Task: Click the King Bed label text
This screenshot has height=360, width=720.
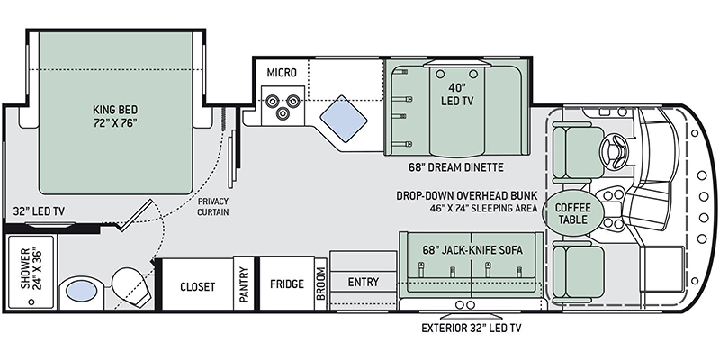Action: pyautogui.click(x=115, y=116)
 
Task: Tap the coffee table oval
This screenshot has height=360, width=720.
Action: pyautogui.click(x=572, y=213)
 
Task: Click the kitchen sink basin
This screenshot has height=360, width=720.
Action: pyautogui.click(x=343, y=119)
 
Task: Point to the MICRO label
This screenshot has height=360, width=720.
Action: pyautogui.click(x=282, y=72)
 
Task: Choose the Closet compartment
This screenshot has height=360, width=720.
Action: pyautogui.click(x=198, y=286)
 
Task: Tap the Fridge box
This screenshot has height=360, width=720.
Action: pyautogui.click(x=287, y=284)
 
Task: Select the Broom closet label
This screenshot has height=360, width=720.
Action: pyautogui.click(x=321, y=284)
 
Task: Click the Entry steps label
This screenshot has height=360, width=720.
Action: pyautogui.click(x=363, y=282)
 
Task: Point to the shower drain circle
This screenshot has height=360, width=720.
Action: pyautogui.click(x=31, y=302)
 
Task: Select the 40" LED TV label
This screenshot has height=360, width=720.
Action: pyautogui.click(x=457, y=94)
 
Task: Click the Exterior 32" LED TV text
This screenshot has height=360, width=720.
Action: pyautogui.click(x=471, y=328)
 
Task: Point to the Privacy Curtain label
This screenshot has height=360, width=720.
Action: pyautogui.click(x=213, y=207)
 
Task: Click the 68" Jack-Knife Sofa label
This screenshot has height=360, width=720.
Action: pyautogui.click(x=472, y=250)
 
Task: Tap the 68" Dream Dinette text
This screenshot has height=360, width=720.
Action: pyautogui.click(x=456, y=168)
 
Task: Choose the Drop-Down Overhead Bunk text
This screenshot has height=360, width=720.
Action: pyautogui.click(x=467, y=196)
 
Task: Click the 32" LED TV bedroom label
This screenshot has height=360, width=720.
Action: pyautogui.click(x=39, y=211)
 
